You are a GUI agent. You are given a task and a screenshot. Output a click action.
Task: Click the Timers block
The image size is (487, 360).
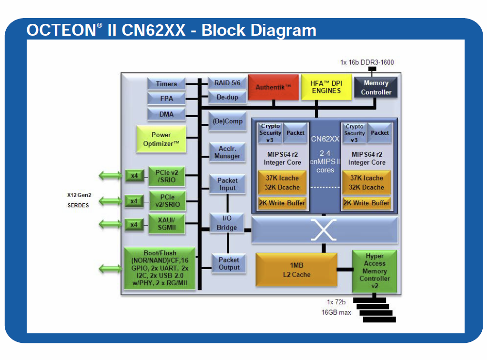coord(166,84)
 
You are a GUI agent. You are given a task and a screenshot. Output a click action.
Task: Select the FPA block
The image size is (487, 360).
coord(166,99)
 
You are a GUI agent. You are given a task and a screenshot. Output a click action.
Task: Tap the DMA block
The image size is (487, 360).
coord(166,114)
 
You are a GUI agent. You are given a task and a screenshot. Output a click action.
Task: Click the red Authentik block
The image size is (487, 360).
coord(273,87)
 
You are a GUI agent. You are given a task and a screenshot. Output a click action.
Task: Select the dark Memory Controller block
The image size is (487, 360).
coord(376,88)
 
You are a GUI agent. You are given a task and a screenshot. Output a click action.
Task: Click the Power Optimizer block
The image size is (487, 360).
coord(161,139)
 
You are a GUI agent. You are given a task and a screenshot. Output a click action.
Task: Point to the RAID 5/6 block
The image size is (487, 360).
coord(227,83)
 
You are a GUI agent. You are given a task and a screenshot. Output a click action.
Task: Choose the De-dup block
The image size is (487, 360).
coord(227,97)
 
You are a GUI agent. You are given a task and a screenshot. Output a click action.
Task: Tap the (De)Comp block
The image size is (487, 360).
coord(227,121)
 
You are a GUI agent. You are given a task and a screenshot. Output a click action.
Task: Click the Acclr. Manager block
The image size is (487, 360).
coord(227,152)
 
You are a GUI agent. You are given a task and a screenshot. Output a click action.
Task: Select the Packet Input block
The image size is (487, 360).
coord(227,184)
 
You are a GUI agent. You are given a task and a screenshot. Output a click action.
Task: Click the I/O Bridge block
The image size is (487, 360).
coord(227,223)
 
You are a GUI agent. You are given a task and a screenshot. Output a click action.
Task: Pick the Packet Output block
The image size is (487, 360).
coord(229,263)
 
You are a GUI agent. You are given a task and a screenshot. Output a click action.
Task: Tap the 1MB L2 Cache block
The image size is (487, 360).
coord(296,270)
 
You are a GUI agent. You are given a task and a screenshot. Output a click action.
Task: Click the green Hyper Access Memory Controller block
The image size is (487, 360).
coord(375,271)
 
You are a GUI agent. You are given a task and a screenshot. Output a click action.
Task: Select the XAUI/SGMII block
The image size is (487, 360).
coord(166,224)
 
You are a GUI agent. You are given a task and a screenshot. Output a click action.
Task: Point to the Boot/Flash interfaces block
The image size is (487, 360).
coord(160,268)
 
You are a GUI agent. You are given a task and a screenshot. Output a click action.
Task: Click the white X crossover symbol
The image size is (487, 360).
coord(324,230)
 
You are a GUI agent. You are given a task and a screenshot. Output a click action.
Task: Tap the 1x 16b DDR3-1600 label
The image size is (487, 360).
coord(367,62)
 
